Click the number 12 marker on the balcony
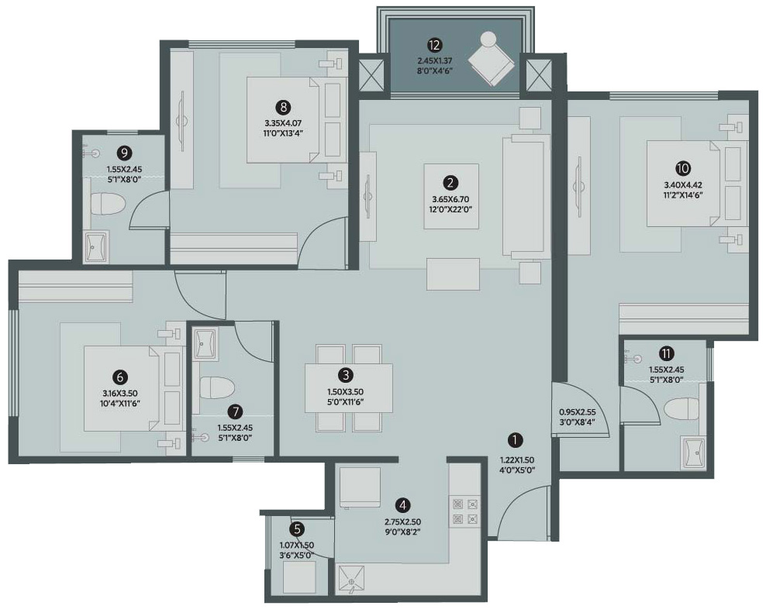pyautogui.click(x=434, y=46)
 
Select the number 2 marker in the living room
pyautogui.click(x=450, y=183)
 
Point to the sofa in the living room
pyautogui.click(x=523, y=198)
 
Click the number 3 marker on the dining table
pyautogui.click(x=346, y=375)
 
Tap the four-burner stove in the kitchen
pyautogui.click(x=464, y=511)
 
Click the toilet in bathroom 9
pyautogui.click(x=109, y=204)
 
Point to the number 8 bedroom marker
pyautogui.click(x=283, y=107)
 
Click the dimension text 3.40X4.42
pyautogui.click(x=683, y=185)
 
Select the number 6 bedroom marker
pyautogui.click(x=119, y=377)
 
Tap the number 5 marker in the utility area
pyautogui.click(x=296, y=528)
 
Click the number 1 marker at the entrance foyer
pyautogui.click(x=515, y=440)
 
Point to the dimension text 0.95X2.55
pyautogui.click(x=577, y=412)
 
